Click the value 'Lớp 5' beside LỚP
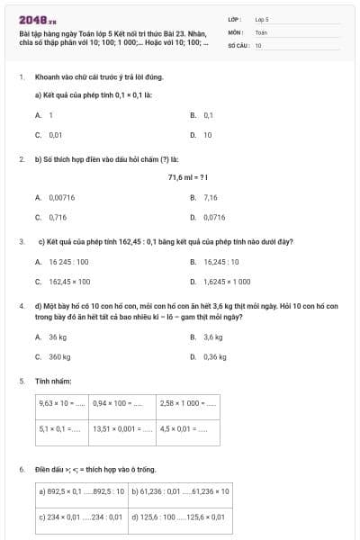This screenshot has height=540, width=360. [262, 18]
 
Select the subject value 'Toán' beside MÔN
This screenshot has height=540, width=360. [261, 31]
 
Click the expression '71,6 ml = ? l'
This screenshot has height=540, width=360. [182, 177]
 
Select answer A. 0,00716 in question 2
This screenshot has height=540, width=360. [56, 197]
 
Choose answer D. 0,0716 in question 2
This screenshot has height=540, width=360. [208, 217]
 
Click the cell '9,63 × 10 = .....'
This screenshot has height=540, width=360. [62, 403]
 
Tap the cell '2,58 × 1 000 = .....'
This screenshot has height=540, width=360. [187, 403]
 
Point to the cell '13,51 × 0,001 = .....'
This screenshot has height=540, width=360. [122, 428]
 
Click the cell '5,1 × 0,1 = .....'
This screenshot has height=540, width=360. [62, 428]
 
